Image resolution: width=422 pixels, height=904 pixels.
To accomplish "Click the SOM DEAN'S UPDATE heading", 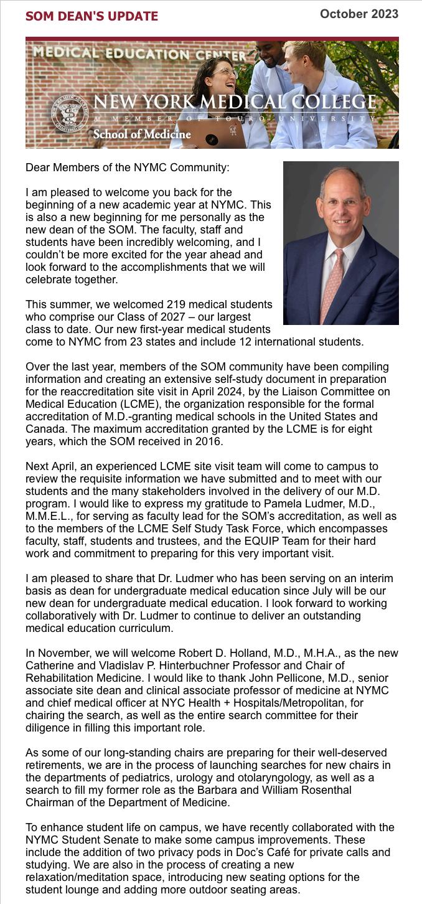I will [91, 16].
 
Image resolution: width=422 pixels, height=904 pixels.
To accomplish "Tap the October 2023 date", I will [359, 14].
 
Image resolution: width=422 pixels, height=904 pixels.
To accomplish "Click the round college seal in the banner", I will [69, 116].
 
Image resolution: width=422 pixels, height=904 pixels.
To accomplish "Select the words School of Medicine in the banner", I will [142, 134].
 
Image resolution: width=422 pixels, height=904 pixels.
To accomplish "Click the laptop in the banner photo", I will [212, 134].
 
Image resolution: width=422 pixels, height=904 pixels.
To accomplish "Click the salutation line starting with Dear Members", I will [127, 167].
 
